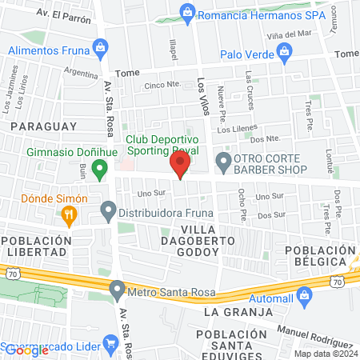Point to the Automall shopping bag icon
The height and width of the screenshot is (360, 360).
pyautogui.click(x=303, y=296)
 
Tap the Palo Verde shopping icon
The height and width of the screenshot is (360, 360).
pyautogui.click(x=283, y=53)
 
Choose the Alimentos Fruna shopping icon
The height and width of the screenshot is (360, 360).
pyautogui.click(x=100, y=50)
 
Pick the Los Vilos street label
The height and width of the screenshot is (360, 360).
pyautogui.click(x=202, y=95)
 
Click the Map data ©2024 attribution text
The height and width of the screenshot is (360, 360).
pyautogui.click(x=323, y=353)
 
